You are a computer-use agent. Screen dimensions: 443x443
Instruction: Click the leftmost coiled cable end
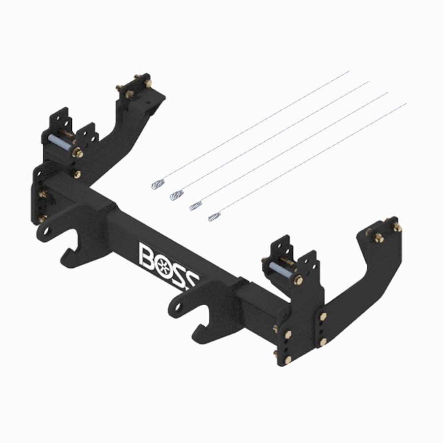158,184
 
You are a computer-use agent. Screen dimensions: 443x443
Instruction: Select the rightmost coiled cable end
214,217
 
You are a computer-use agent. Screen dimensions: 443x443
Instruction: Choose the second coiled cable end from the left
177,195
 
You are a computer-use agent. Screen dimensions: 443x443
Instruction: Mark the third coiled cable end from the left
195,206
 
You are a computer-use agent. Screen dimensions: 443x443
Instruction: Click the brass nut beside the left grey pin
77,153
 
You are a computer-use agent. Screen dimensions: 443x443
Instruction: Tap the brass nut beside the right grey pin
298,281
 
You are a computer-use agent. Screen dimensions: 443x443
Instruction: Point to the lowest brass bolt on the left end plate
42,218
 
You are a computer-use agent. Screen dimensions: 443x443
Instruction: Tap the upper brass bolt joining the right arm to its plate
323,316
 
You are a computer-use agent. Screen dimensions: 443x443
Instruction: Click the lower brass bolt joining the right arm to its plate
323,341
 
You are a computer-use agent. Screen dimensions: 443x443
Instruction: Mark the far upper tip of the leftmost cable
349,71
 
